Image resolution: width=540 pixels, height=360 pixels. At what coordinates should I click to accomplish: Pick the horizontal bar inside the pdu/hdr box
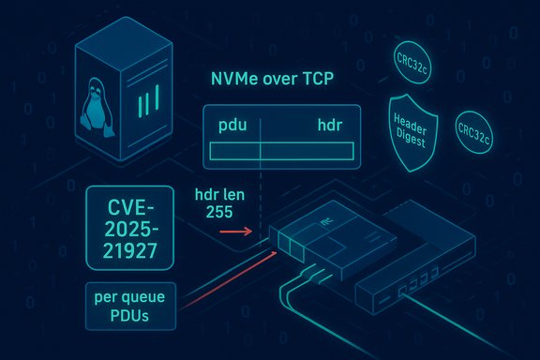point(282,150)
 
